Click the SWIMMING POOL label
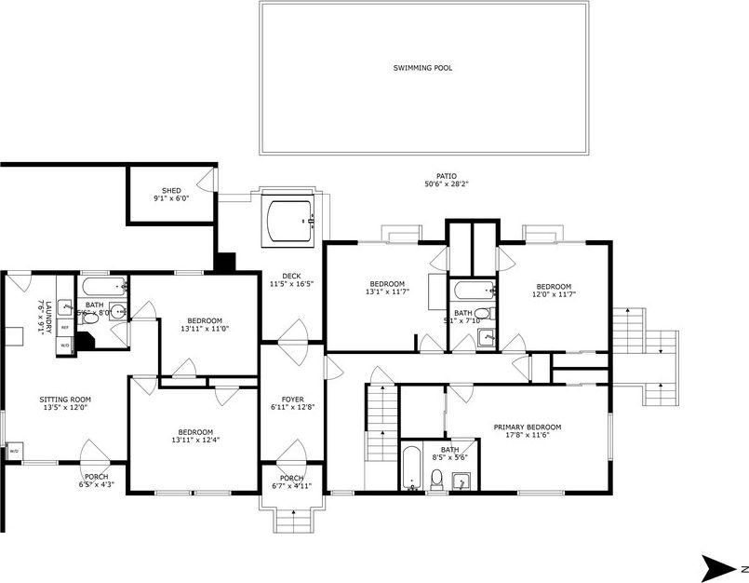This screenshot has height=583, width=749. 422,68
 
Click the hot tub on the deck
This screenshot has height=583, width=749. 291,220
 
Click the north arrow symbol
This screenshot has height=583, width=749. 717,566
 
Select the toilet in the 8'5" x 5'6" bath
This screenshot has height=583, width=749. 436,480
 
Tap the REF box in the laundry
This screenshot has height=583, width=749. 65,328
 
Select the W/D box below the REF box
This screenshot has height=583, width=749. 65,346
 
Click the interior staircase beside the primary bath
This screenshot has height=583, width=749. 381,423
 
